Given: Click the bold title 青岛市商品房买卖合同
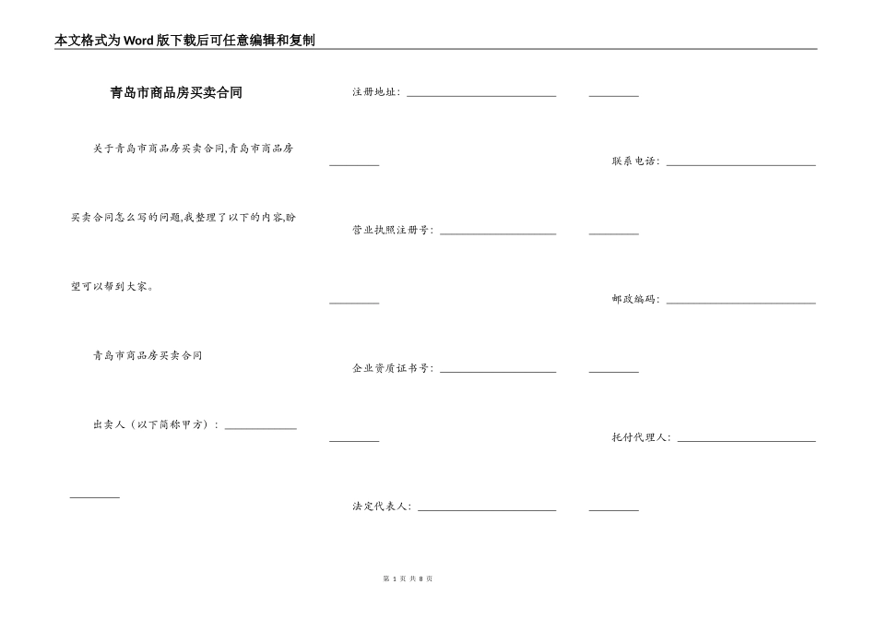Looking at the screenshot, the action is coord(176,93).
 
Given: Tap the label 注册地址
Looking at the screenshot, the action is coord(375,92).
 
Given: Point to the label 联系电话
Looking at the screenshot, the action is coord(635,161).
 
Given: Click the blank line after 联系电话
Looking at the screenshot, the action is coord(740,164).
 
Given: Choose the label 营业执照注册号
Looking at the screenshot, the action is coord(392,231).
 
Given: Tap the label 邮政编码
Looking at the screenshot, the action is coord(635,300).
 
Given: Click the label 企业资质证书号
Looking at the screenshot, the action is coord(392,369).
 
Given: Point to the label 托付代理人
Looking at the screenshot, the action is coord(641,438).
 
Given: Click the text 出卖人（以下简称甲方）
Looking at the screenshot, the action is coord(156,425).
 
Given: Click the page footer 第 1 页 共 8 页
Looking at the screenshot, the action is coord(408,578).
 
